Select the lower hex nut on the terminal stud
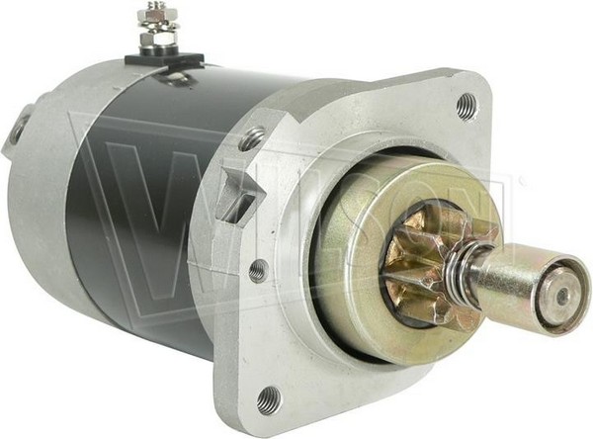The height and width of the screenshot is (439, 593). tap(158, 39)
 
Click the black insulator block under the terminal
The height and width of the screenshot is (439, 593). tap(164, 59)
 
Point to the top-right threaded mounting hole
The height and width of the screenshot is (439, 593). tap(466, 103)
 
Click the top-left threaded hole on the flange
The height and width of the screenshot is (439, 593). tap(253, 136)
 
